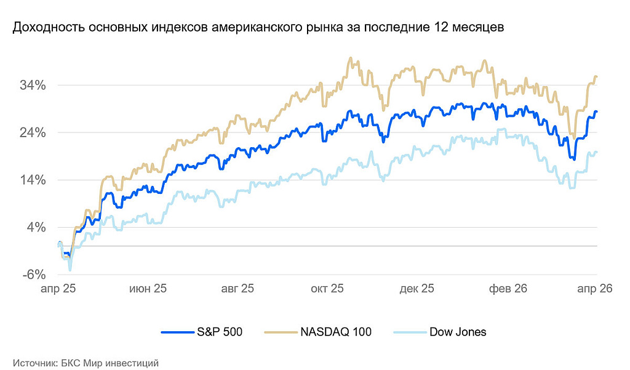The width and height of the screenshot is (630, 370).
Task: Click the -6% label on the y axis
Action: [34, 275]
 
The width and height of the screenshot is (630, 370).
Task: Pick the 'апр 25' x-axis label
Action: [58, 289]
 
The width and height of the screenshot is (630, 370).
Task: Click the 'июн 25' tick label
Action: [148, 289]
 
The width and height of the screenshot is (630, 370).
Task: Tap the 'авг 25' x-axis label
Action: [237, 289]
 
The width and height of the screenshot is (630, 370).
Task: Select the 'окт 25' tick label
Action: [327, 289]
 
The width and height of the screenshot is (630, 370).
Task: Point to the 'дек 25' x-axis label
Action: [417, 289]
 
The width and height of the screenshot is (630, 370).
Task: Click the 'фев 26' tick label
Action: [507, 289]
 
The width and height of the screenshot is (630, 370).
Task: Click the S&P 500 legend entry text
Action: [220, 332]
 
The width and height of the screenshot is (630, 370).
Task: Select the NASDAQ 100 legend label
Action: [336, 332]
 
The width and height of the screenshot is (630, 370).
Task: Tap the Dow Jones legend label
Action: [458, 332]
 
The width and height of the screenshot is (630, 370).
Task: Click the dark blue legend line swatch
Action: [177, 332]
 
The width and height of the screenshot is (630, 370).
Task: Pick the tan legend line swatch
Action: [281, 332]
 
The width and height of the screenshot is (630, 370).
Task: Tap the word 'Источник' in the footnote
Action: [34, 363]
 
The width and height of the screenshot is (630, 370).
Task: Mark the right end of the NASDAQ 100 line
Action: [597, 76]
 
